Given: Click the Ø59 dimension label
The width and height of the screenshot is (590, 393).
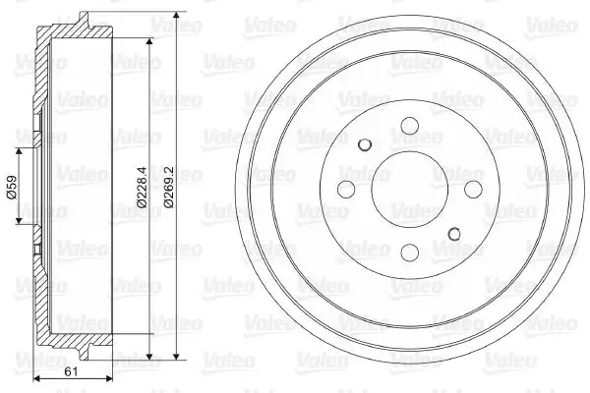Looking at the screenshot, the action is pyautogui.click(x=12, y=187).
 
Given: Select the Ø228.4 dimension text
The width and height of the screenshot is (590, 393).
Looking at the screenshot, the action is pyautogui.click(x=142, y=187).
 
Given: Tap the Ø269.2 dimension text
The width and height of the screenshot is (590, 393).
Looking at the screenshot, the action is pyautogui.click(x=168, y=187).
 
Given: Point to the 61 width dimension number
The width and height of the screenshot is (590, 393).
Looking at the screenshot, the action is pyautogui.click(x=71, y=371).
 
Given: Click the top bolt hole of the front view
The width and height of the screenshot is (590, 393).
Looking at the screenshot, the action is pyautogui.click(x=410, y=126).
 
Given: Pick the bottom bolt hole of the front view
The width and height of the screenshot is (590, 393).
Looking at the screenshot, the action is pyautogui.click(x=410, y=253).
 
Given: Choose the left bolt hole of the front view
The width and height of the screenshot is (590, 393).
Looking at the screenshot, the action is pyautogui.click(x=346, y=190).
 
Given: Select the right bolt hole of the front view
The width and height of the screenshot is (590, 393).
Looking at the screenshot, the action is pyautogui.click(x=473, y=190).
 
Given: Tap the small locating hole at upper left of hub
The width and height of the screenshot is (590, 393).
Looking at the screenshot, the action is pyautogui.click(x=365, y=144).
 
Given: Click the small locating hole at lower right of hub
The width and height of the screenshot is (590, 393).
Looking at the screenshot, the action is pyautogui.click(x=454, y=234).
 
